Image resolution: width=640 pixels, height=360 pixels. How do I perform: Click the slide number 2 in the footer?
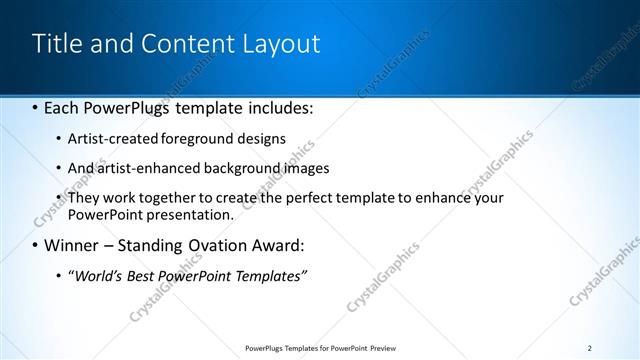(x=590, y=348)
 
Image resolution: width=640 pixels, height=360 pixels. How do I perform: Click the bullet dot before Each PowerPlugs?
(x=36, y=107)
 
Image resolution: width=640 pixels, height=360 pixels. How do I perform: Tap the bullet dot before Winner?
(x=36, y=246)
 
